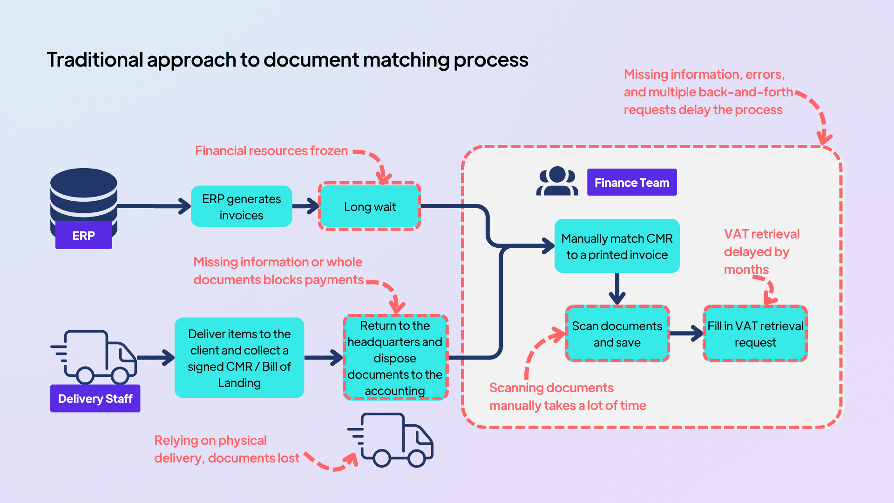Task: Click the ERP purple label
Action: (83, 235)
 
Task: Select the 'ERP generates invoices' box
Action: (241, 207)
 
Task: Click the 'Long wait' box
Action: (370, 207)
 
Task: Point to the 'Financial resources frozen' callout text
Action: (271, 151)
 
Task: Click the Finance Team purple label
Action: (631, 183)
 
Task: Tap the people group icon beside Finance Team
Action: (557, 182)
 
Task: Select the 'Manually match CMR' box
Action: (616, 246)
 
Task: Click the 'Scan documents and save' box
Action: (616, 334)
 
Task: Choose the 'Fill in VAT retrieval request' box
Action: (755, 334)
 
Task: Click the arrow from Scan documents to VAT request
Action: (686, 333)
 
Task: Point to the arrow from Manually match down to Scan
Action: (617, 289)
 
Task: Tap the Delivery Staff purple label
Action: (95, 399)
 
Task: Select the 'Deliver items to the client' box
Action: (239, 358)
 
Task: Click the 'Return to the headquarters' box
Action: (395, 358)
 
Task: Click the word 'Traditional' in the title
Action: (95, 60)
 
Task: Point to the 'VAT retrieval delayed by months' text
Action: (761, 251)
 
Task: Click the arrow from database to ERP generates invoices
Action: (154, 206)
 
